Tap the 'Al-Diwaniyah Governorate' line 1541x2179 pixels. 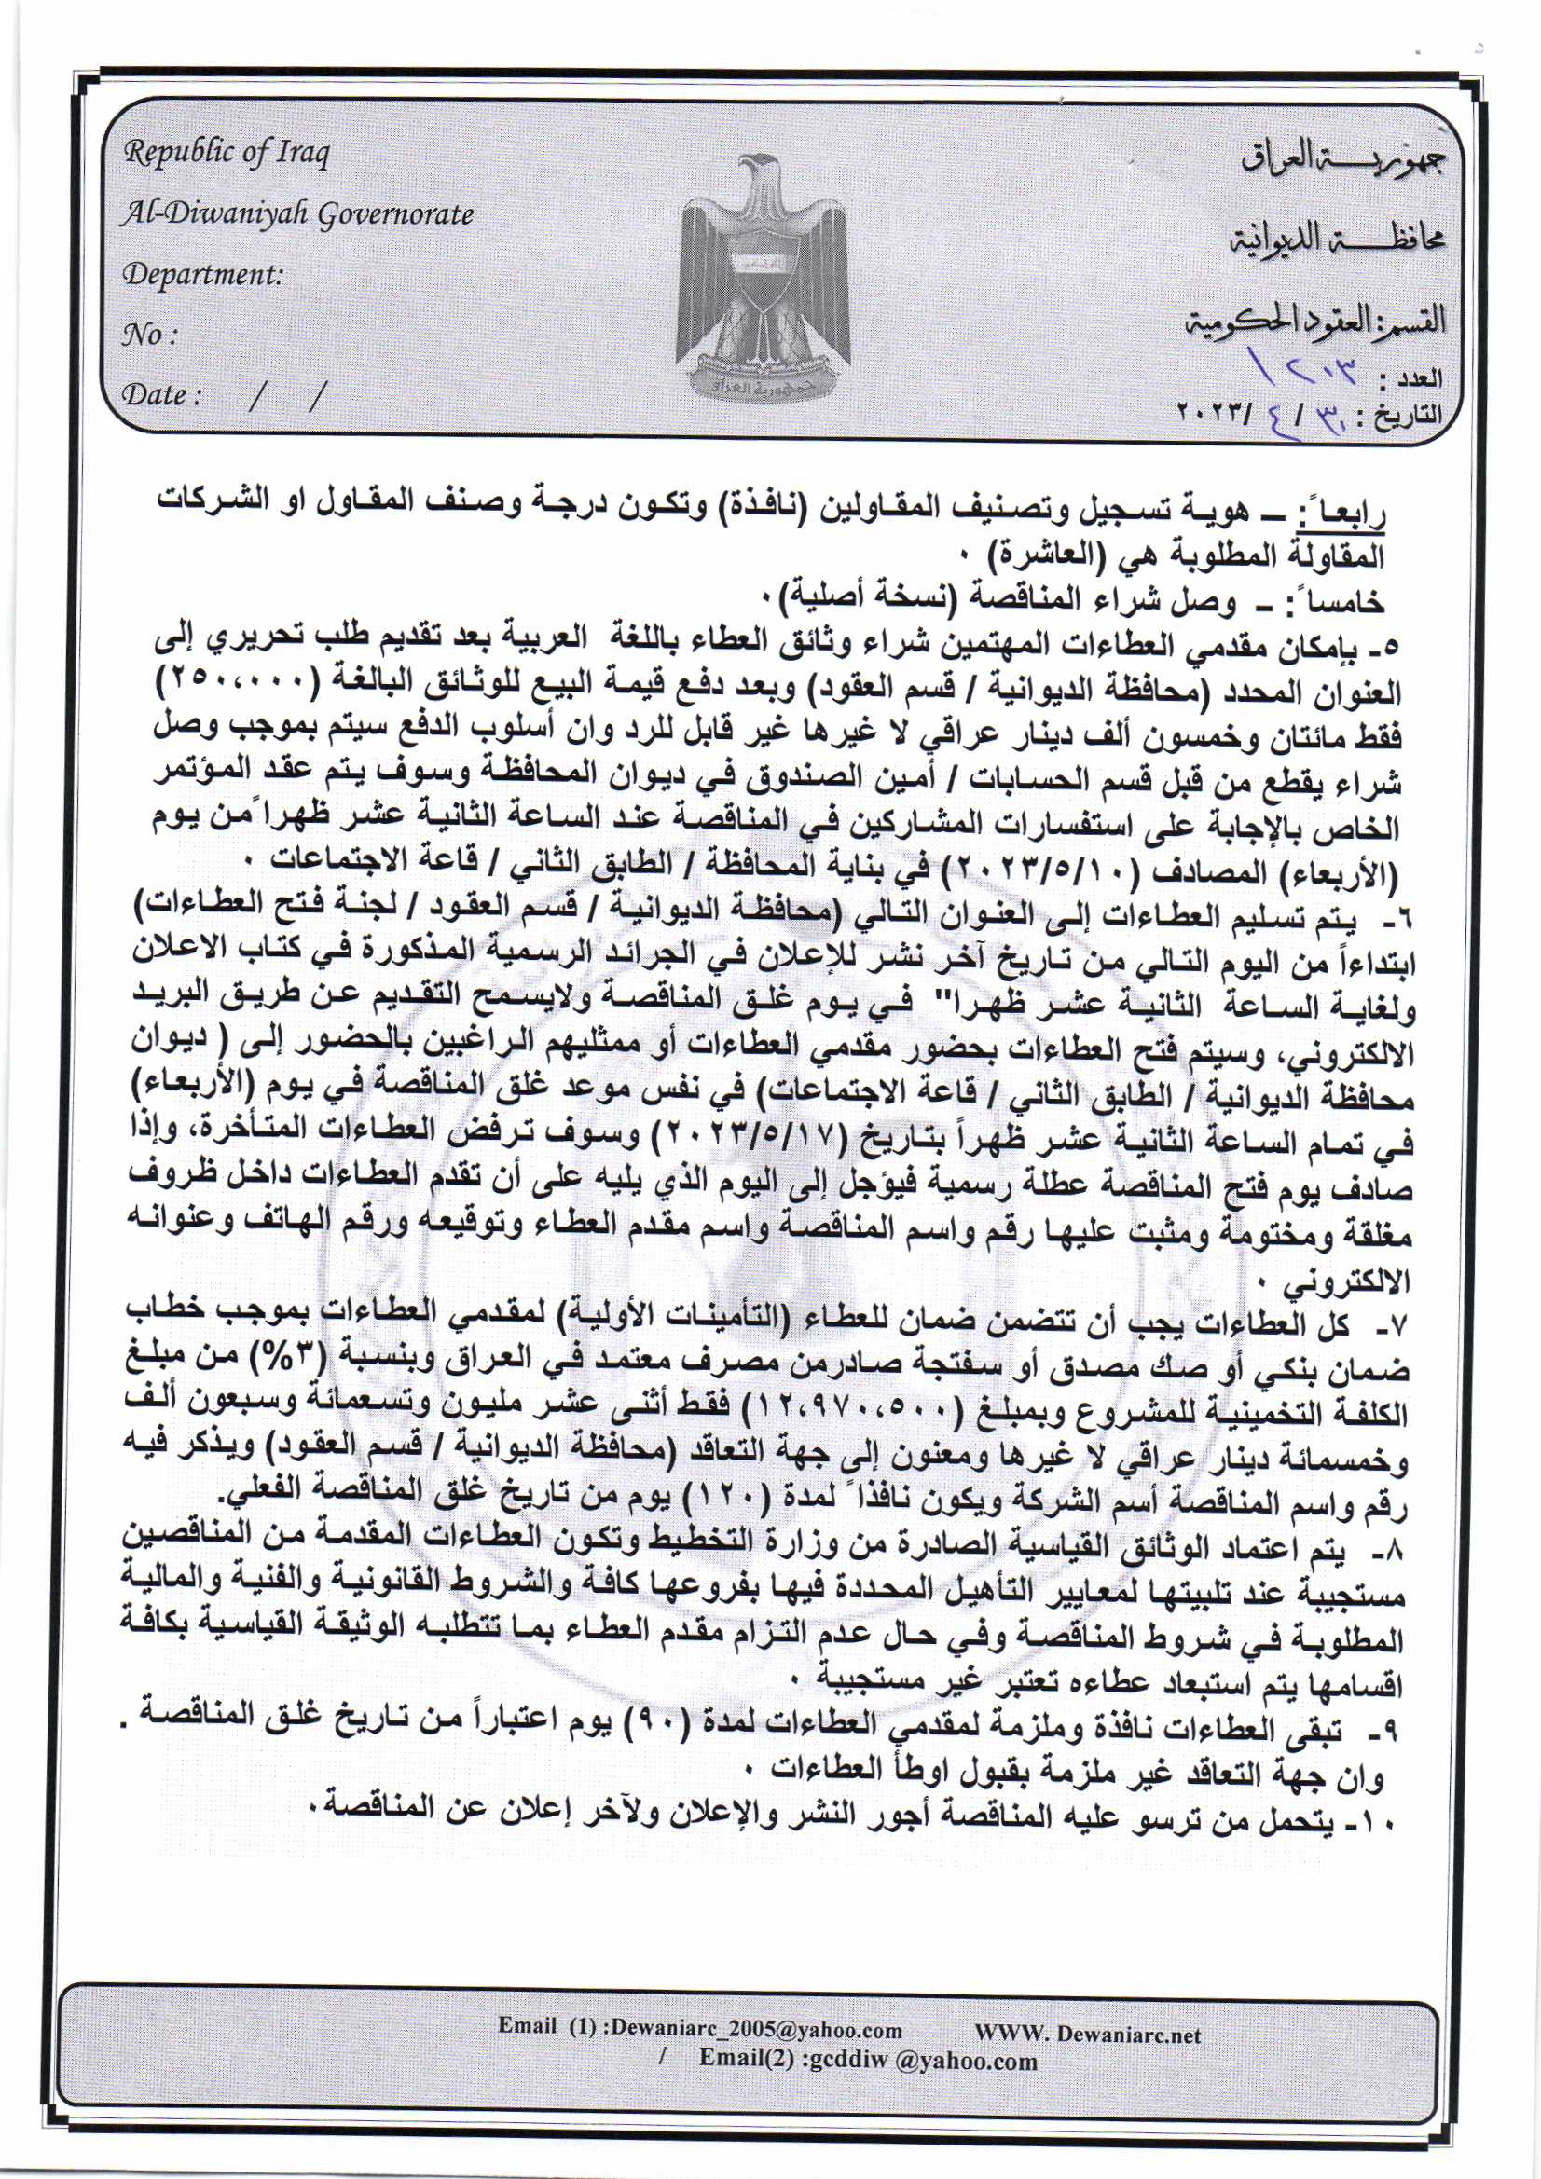point(296,214)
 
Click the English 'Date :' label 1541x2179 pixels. point(161,395)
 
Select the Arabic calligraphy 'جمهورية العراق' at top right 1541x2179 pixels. point(1339,164)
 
